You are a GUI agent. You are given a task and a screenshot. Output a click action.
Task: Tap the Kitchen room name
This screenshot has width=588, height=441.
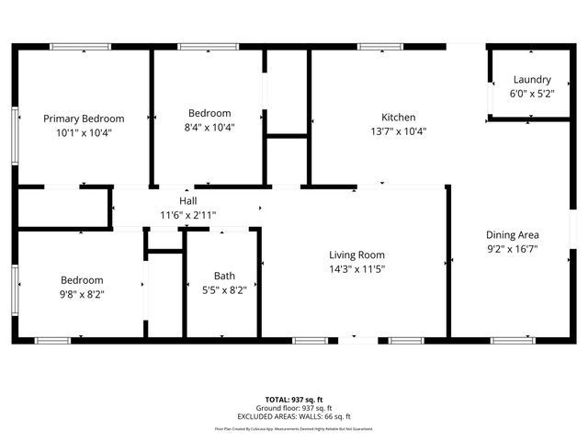point(399,118)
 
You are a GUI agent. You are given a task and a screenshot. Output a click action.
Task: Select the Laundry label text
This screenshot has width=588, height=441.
point(532,80)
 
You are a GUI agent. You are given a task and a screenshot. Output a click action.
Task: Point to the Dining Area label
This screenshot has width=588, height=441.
point(513,234)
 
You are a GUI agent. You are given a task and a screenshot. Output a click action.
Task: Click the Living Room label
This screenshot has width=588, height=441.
point(357,254)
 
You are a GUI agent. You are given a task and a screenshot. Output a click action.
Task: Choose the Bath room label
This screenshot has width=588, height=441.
point(224,276)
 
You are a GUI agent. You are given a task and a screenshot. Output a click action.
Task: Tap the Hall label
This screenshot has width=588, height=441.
point(187,200)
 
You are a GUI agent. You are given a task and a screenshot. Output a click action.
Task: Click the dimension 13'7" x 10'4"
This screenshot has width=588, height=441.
point(399,130)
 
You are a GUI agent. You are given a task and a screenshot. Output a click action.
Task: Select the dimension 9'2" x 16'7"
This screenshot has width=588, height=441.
point(513,247)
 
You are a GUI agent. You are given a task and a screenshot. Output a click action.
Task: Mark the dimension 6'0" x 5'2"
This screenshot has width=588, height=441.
point(532,94)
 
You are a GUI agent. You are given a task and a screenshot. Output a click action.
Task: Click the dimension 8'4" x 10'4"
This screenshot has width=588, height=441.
point(209,128)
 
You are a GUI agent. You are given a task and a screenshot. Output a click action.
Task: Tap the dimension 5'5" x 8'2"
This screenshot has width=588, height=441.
point(224,288)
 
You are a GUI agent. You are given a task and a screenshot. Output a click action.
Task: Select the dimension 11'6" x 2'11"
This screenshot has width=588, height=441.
point(187,214)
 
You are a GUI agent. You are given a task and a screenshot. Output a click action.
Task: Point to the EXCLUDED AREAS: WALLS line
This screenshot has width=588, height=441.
point(294,416)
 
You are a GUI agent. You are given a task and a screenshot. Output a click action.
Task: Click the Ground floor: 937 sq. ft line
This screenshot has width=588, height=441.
point(294,409)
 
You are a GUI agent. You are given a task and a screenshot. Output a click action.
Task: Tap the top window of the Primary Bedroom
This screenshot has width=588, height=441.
point(80,46)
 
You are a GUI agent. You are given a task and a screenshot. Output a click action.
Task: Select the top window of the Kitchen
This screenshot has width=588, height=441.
point(374,46)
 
